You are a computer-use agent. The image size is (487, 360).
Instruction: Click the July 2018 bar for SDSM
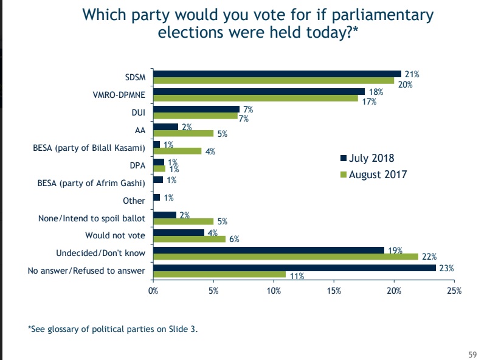[277, 74]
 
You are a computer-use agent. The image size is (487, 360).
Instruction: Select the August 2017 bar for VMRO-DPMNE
[255, 98]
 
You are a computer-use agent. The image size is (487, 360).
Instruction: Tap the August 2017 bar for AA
[183, 133]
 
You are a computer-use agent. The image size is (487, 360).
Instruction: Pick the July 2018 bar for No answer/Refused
[294, 268]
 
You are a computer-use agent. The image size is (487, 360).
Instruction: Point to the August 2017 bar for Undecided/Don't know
[286, 256]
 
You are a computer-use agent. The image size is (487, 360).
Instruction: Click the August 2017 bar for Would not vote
[189, 238]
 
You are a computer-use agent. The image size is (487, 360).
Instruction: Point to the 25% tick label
[454, 290]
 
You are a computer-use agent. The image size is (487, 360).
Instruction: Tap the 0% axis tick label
[154, 290]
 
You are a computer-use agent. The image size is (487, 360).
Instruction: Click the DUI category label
[138, 112]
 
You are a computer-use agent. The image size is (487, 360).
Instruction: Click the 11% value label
[297, 277]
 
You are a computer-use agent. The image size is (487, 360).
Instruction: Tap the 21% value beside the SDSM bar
[412, 74]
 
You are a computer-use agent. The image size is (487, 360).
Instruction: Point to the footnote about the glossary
[112, 329]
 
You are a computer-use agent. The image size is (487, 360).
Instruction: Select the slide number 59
[472, 354]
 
